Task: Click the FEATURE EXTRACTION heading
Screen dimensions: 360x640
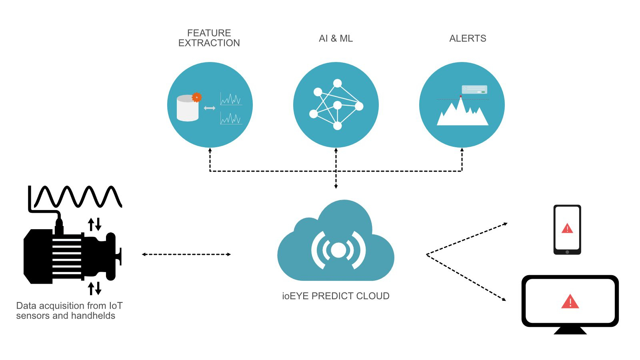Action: pyautogui.click(x=209, y=38)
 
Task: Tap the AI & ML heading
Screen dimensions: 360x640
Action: pyautogui.click(x=336, y=38)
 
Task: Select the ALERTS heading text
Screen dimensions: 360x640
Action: pyautogui.click(x=468, y=38)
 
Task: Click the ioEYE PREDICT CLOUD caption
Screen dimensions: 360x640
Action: pyautogui.click(x=336, y=296)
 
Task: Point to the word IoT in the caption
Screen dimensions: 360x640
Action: pyautogui.click(x=116, y=306)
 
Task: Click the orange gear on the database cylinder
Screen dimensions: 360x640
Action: pyautogui.click(x=196, y=97)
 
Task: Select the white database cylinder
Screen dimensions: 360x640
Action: pyautogui.click(x=187, y=109)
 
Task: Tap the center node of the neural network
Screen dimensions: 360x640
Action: pyautogui.click(x=337, y=105)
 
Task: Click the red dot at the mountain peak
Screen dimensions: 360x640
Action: pyautogui.click(x=461, y=96)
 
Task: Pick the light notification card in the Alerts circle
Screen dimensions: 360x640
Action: pyautogui.click(x=474, y=89)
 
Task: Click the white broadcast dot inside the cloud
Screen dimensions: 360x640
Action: pyautogui.click(x=338, y=250)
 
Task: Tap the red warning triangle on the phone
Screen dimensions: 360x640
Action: pyautogui.click(x=567, y=229)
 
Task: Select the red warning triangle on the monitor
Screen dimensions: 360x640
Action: pyautogui.click(x=570, y=302)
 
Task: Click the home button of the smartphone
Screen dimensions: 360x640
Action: pyautogui.click(x=567, y=252)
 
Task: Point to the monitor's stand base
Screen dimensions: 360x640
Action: pyautogui.click(x=570, y=331)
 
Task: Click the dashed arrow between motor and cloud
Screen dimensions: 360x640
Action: pyautogui.click(x=186, y=254)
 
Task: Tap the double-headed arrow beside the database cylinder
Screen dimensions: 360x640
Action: pyautogui.click(x=210, y=108)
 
